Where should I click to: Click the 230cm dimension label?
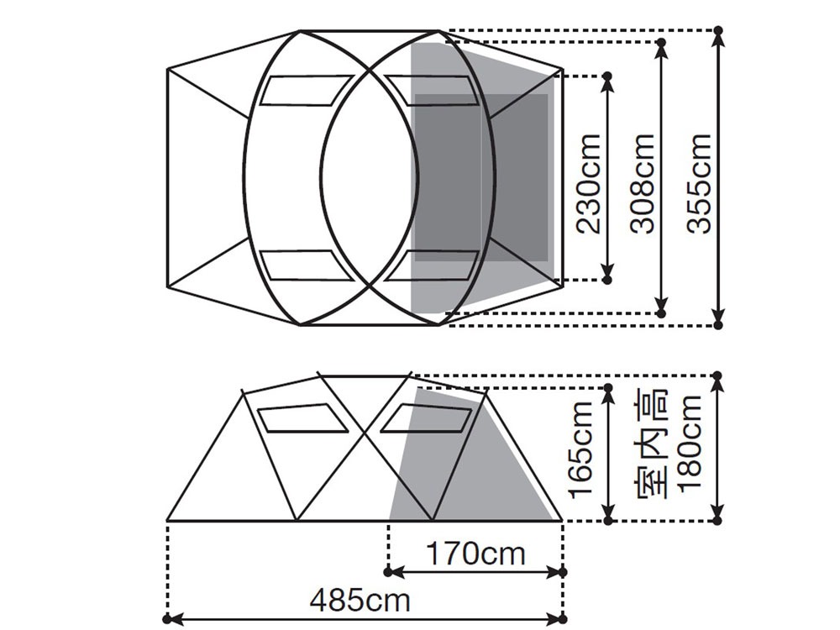[588, 183]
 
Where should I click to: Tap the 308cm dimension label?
[643, 183]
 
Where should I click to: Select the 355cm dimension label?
[699, 183]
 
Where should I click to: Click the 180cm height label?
[690, 443]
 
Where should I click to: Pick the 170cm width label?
[475, 553]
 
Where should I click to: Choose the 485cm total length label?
[360, 600]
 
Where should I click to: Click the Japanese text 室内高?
[652, 443]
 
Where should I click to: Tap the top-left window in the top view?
[306, 91]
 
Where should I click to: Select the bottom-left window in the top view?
[306, 265]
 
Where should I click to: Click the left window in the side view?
[302, 417]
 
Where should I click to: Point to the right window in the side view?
[427, 417]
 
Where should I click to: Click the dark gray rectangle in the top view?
[481, 178]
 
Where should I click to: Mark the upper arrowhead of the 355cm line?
[719, 38]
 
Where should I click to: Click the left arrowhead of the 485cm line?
[175, 619]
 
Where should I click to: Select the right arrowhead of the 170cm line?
[555, 572]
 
